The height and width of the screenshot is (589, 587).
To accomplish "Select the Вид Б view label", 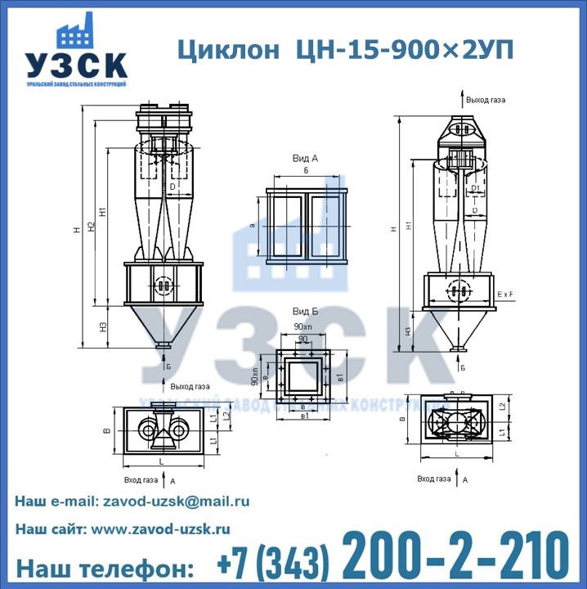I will (305, 312).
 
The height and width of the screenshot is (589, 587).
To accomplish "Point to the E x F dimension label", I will (508, 291).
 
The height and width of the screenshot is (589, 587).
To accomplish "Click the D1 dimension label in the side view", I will (475, 189).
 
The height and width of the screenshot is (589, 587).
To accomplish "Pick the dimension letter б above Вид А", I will (305, 171).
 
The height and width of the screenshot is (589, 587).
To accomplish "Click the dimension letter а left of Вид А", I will (253, 225).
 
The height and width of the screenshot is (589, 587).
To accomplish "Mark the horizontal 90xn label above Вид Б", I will (303, 327).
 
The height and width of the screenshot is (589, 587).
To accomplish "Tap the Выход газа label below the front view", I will (190, 386).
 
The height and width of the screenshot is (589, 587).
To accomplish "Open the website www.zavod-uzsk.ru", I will (160, 529).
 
